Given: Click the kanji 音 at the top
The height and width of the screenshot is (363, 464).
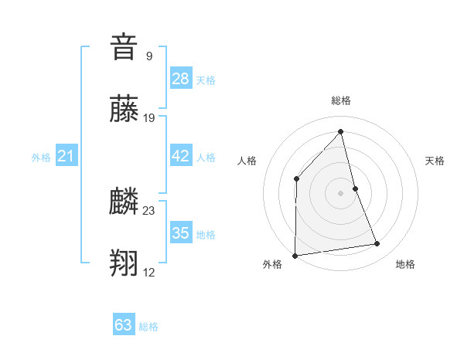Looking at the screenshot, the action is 124,47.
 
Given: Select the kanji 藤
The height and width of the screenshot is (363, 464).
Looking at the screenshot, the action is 124,108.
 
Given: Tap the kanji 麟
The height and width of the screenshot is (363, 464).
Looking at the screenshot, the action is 124,202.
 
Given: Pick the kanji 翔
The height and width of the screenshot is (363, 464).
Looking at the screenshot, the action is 124,263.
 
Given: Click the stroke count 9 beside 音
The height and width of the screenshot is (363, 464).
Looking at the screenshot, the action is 149,56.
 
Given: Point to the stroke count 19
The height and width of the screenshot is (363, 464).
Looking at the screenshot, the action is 149,118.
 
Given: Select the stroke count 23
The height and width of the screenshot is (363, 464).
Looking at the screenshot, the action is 149,210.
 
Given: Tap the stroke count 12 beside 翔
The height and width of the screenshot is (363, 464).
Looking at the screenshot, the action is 149,272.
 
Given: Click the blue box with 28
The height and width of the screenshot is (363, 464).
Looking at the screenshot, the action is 181,79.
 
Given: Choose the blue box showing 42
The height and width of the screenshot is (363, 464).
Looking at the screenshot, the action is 181,156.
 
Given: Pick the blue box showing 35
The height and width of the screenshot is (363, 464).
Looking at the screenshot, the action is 181,233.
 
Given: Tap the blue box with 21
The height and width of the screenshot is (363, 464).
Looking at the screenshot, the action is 67,157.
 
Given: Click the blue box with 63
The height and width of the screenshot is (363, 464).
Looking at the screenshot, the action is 124,325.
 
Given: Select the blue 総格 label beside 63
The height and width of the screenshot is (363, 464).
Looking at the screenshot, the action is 148,327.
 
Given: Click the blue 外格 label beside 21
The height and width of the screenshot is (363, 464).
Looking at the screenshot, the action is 41,158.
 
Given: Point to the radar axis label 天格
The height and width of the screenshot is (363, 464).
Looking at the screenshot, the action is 435,161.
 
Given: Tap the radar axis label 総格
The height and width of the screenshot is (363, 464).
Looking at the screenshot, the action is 341,100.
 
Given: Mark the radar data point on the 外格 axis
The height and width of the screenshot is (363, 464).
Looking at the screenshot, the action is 295,255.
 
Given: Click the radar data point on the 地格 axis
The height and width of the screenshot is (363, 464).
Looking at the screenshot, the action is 377,244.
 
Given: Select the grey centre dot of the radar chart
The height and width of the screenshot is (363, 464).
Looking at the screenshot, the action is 341,192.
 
